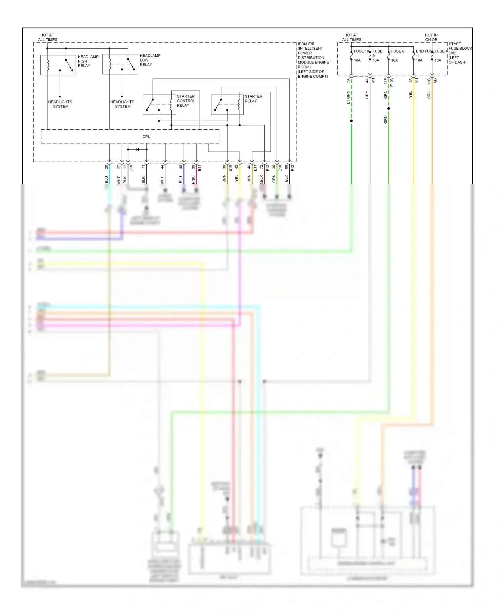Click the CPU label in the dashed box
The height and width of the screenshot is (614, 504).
pyautogui.click(x=146, y=137)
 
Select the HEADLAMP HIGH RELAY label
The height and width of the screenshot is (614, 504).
pyautogui.click(x=88, y=61)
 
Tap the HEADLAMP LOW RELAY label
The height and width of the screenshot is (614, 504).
pyautogui.click(x=150, y=60)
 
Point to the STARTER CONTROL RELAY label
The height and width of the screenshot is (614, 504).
pyautogui.click(x=186, y=101)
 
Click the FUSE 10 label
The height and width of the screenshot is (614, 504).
pyautogui.click(x=361, y=51)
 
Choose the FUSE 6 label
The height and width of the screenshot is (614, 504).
pyautogui.click(x=397, y=51)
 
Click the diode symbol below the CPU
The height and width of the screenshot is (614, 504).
pyautogui.click(x=137, y=149)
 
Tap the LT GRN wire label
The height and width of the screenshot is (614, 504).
pyautogui.click(x=348, y=97)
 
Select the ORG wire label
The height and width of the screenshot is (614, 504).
pyautogui.click(x=429, y=95)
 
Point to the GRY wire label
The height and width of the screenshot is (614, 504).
pyautogui.click(x=367, y=95)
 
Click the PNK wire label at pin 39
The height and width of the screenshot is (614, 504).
pyautogui.click(x=193, y=180)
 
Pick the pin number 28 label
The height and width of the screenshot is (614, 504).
pyautogui.click(x=107, y=167)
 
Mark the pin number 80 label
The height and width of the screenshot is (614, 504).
pyautogui.click(x=286, y=167)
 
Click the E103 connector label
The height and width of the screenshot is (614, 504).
pyautogui.click(x=392, y=83)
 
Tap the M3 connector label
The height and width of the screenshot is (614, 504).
pyautogui.click(x=435, y=81)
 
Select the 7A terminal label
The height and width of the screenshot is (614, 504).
pyautogui.click(x=348, y=81)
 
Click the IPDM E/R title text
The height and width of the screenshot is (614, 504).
pyautogui.click(x=306, y=44)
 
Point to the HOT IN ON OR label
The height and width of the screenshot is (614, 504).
pyautogui.click(x=431, y=37)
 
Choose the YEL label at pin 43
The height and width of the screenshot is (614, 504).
pyautogui.click(x=237, y=178)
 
